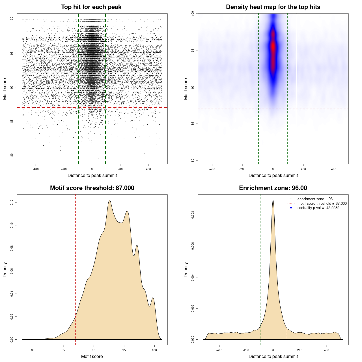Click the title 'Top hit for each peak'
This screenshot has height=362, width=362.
point(91,7)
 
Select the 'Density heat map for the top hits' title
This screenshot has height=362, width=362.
point(273,7)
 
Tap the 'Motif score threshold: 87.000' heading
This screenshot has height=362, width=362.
point(92,188)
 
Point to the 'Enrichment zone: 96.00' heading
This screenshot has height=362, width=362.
point(273,188)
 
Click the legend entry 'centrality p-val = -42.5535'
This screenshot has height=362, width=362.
point(318,208)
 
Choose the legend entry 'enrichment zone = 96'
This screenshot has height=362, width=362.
point(315,199)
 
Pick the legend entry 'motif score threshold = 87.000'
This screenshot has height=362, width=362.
point(322,204)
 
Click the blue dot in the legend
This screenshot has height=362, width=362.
point(291,208)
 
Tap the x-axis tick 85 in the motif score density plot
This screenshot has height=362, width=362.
point(63,350)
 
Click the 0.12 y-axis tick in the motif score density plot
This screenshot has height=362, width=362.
point(12,202)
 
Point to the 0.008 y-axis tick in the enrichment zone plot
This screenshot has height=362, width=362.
point(193,215)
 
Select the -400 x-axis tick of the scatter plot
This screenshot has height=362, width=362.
point(36,169)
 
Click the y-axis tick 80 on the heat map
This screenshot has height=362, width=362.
point(193,160)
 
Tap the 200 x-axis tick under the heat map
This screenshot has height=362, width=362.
point(303,169)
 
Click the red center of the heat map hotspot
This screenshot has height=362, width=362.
point(273,47)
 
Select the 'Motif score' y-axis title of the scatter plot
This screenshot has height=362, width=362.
point(5,89)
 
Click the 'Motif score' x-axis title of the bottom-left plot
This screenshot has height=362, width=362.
point(92,356)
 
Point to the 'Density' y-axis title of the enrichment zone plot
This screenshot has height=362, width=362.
point(186,270)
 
